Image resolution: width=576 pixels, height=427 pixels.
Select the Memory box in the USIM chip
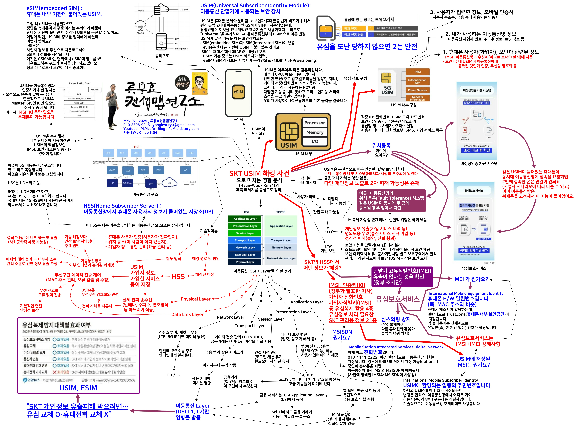(x=314, y=132)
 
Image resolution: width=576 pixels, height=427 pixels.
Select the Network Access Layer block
(x=281, y=258)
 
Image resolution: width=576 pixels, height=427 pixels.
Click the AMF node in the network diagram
(x=128, y=171)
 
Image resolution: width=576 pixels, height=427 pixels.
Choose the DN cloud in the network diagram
(x=169, y=182)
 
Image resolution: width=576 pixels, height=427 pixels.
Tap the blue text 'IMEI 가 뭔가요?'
(x=470, y=279)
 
